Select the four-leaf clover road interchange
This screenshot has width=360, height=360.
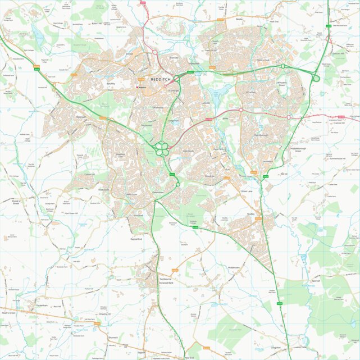click(162, 148)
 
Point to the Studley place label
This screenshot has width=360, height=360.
click(250, 213)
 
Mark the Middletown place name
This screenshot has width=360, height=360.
click(234, 267)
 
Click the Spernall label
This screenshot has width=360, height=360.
click(316, 280)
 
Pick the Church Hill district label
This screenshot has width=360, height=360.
click(215, 42)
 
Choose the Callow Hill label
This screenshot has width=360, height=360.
click(90, 174)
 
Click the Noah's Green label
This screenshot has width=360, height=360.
click(8, 312)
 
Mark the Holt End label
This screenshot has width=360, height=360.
click(274, 21)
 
